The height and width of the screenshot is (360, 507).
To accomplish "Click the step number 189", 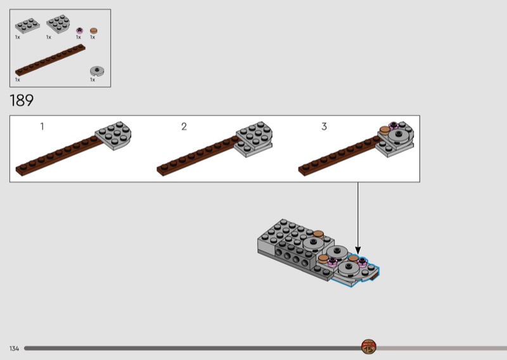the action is pos(22,101).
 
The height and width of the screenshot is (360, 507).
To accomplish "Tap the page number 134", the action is pos(14,349).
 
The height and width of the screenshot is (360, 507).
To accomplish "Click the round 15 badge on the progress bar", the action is pos(368,347).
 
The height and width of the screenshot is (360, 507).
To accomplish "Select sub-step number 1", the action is pos(42,127).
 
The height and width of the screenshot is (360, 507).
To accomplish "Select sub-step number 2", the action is pos(184,127).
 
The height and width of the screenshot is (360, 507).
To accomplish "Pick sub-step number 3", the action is pos(324,127).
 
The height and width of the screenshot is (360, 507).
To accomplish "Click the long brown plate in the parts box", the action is pos(50,60).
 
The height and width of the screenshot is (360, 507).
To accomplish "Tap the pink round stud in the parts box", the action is pos(79,30).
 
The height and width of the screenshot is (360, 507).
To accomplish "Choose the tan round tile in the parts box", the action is pos(93,30).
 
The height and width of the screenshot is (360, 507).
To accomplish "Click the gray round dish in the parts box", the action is pos(97,71).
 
